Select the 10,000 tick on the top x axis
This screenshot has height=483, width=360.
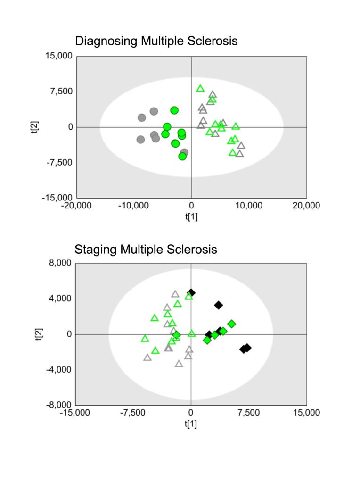point(248,206)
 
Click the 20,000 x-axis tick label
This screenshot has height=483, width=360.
point(306,206)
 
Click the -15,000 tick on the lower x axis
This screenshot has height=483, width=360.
point(76,413)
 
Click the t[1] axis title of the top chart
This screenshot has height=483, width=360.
point(191,217)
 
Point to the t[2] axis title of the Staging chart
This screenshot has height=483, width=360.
point(40,334)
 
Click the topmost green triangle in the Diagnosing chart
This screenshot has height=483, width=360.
point(200,88)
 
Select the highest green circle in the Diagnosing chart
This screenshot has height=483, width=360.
point(174,110)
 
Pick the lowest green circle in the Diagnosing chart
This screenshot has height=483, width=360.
point(182,156)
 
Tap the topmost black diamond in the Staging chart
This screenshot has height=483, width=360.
point(191,293)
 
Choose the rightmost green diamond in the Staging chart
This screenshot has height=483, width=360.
point(231,324)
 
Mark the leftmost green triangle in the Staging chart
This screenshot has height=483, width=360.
point(145,339)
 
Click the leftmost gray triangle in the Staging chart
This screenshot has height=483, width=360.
point(147,358)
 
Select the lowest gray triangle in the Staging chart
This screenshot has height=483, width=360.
point(179,364)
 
